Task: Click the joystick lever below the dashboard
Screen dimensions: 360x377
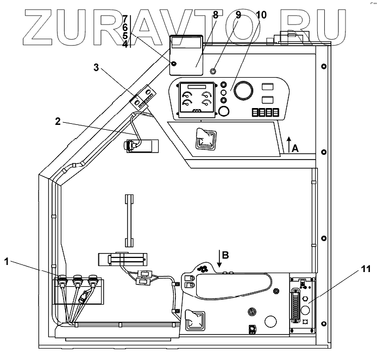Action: point(205,139)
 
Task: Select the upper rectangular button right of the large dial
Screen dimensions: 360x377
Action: point(268,86)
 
